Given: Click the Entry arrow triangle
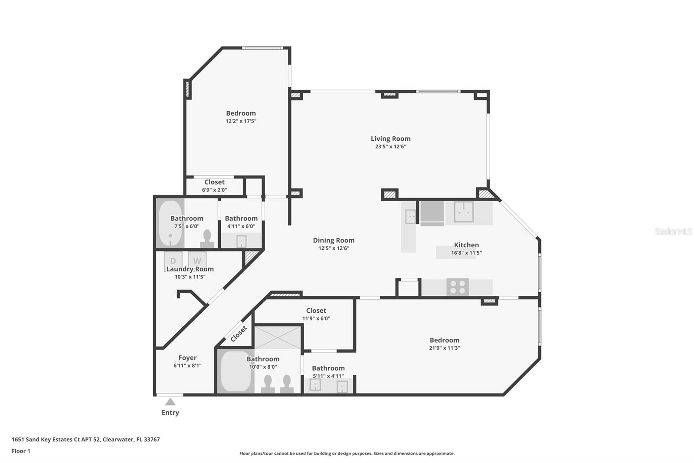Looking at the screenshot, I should point(170,402).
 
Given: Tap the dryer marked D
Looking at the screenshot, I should point(173,261).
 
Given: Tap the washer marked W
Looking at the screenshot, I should point(197,261).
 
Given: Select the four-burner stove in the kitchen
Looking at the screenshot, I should point(458,287).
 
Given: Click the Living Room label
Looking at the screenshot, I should point(390,139).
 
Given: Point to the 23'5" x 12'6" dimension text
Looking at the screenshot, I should point(390,147).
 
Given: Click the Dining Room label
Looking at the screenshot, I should point(334,240).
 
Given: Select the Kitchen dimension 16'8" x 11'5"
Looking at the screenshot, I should point(466,253).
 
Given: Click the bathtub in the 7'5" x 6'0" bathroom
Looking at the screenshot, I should point(170,223).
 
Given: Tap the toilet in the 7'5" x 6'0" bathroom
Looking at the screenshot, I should point(207,238).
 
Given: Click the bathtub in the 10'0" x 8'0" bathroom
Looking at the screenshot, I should point(236,371).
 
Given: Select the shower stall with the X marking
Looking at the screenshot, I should point(277,337).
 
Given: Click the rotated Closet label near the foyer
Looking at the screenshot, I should point(239,334).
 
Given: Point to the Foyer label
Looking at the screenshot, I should point(187,357).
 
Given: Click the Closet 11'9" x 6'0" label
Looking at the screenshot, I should point(316,311).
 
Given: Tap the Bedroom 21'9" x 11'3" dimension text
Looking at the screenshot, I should point(444,348).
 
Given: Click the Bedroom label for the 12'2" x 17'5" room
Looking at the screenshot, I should point(241,113).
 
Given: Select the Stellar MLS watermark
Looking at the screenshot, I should point(673,231).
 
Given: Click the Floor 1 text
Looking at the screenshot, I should point(21,451).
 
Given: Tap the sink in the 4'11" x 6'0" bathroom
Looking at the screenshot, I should point(241,241).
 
